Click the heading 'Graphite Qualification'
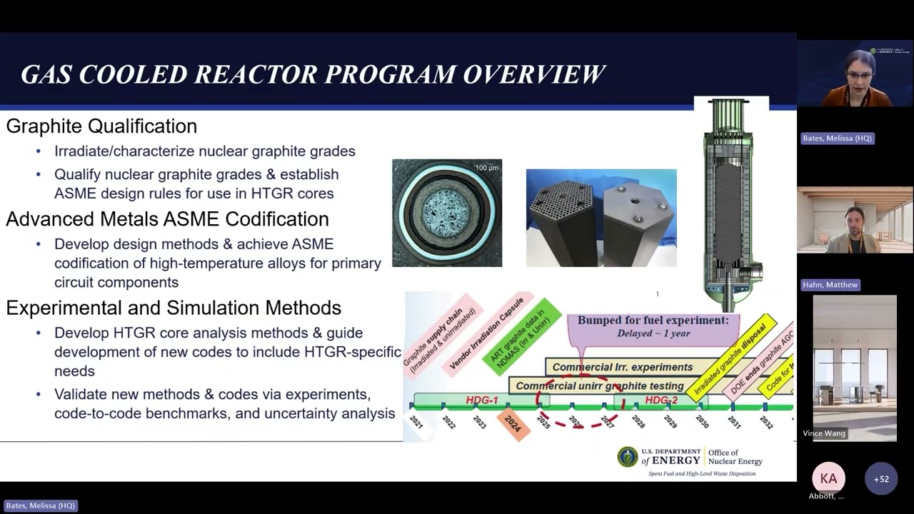pyautogui.click(x=101, y=126)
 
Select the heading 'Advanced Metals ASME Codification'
pyautogui.click(x=167, y=219)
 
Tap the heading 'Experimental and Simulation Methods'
pyautogui.click(x=174, y=308)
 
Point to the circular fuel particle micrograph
pyautogui.click(x=446, y=213)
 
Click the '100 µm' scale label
pyautogui.click(x=486, y=168)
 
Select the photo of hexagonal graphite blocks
pyautogui.click(x=601, y=218)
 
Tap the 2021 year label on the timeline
pyautogui.click(x=416, y=422)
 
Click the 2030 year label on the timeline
pyautogui.click(x=702, y=422)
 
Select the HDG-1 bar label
pyautogui.click(x=482, y=400)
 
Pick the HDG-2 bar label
pyautogui.click(x=661, y=400)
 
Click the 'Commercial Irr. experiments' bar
pyautogui.click(x=622, y=367)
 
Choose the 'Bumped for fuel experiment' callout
pyautogui.click(x=653, y=326)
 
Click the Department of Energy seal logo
pyautogui.click(x=628, y=458)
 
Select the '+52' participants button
pyautogui.click(x=881, y=479)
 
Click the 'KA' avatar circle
pyautogui.click(x=828, y=479)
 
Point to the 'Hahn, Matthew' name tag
pyautogui.click(x=830, y=285)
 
